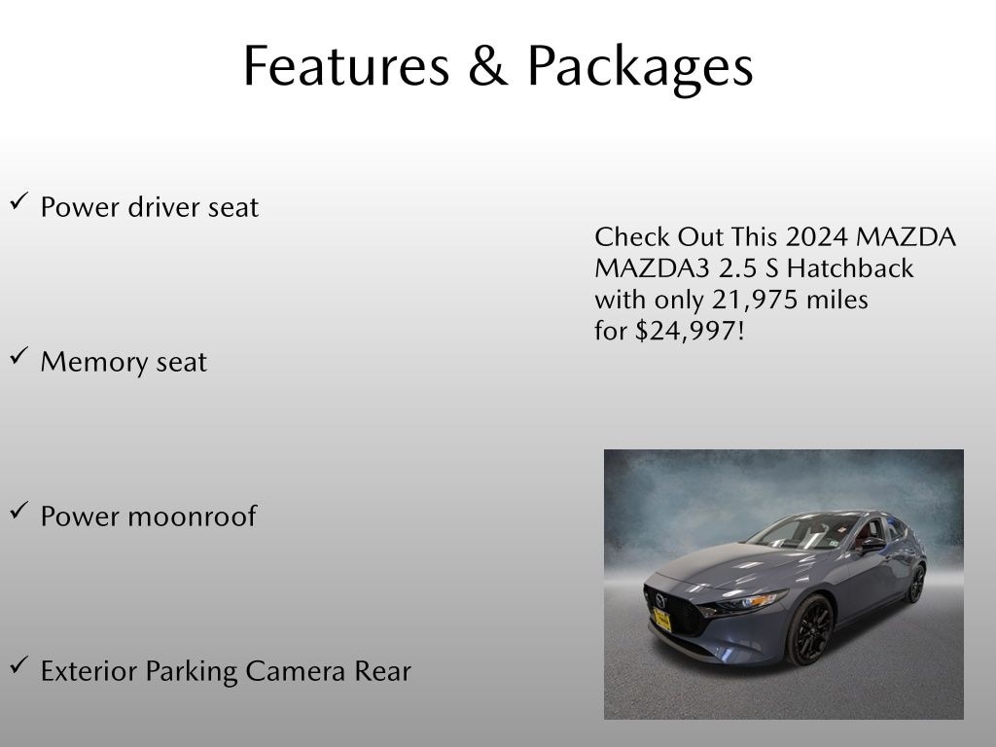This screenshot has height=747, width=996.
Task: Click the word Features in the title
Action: coord(345,66)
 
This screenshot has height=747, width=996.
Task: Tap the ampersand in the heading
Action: coord(487,66)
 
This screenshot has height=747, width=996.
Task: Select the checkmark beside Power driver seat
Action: coord(18,201)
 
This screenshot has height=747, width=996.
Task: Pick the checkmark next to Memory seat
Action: coord(18,356)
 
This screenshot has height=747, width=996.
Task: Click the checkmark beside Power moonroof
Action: coord(18,511)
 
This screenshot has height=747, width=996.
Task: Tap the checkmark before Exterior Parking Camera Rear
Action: coord(18,665)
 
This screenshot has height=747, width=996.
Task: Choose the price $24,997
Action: coord(689,331)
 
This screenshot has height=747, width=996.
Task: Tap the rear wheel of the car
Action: coord(915,584)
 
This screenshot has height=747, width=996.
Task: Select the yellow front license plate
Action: coord(661,620)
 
